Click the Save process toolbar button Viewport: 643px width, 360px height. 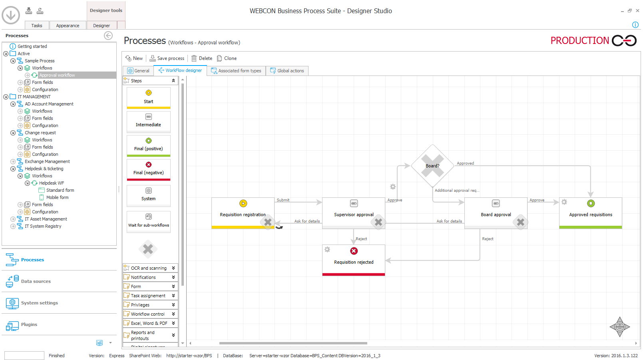167,58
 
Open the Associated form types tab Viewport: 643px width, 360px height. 236,71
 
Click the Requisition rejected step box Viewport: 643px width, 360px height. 354,260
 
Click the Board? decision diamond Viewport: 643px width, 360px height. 432,166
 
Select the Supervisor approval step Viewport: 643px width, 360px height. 354,213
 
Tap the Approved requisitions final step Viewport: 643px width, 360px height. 591,213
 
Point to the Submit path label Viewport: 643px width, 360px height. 283,200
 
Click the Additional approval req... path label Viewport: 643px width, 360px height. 457,191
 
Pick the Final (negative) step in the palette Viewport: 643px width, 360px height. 149,169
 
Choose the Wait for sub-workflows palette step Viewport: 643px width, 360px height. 149,221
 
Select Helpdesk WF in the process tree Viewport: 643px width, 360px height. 51,183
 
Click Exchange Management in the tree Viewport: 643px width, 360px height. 47,161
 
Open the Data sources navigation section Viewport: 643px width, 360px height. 36,281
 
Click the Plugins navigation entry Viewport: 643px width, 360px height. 29,324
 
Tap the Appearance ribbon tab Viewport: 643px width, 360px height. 68,26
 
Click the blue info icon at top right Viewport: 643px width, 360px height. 635,25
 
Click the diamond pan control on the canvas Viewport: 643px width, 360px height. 619,327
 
